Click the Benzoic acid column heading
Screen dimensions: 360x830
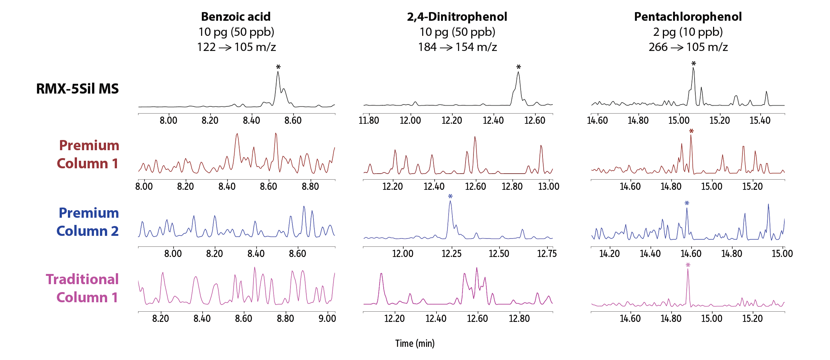click(x=236, y=17)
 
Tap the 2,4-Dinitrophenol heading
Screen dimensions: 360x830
click(x=457, y=17)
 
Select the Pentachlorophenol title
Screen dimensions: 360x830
click(x=688, y=17)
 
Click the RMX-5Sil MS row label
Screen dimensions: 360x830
click(x=77, y=89)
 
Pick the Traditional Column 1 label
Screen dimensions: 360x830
click(x=82, y=288)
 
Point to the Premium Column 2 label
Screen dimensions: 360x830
click(x=88, y=222)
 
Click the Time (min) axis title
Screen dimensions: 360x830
click(x=415, y=343)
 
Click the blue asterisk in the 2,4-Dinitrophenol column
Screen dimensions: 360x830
click(x=450, y=197)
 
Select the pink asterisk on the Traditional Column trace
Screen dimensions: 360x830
click(x=688, y=265)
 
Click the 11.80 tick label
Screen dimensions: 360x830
click(x=369, y=121)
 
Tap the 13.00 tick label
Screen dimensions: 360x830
click(x=549, y=186)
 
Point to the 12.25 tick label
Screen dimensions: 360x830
click(x=451, y=254)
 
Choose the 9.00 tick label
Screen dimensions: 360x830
click(x=327, y=318)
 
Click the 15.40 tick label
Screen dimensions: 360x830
click(x=760, y=121)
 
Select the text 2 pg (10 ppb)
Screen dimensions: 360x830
click(x=688, y=32)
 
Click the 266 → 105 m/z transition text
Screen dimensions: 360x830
click(x=688, y=47)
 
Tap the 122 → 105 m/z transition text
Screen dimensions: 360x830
click(x=236, y=47)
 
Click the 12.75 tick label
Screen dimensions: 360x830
click(x=547, y=254)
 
